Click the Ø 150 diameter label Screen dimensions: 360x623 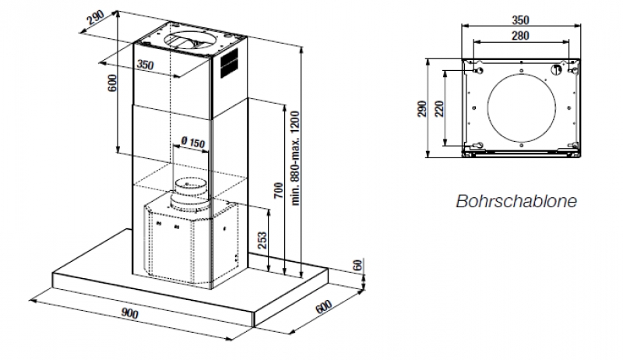pos(191,142)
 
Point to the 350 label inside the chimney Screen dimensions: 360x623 pos(145,65)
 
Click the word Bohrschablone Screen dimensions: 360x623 pos(516,201)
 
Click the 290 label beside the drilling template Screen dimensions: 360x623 pos(421,107)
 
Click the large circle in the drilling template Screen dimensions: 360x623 pos(520,107)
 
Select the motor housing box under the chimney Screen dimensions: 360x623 pos(187,242)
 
